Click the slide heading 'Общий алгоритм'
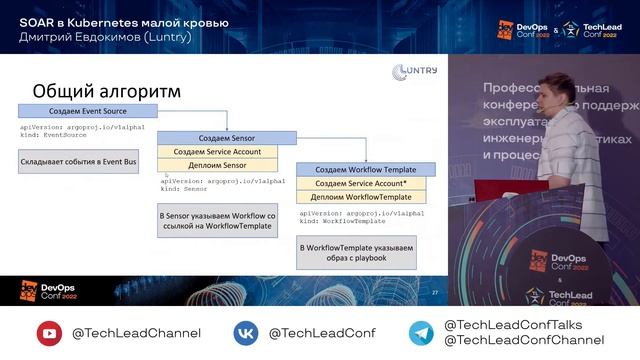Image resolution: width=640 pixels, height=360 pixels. (x=107, y=91)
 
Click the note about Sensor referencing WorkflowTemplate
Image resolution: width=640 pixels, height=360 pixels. (x=218, y=220)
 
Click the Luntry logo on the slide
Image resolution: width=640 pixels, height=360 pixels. (x=414, y=71)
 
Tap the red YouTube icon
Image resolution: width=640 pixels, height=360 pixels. (x=49, y=332)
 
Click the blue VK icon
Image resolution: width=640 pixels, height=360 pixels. (x=246, y=332)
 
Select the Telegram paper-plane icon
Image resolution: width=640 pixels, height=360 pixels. (x=421, y=332)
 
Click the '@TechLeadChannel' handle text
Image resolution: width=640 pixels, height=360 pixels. (x=136, y=333)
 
